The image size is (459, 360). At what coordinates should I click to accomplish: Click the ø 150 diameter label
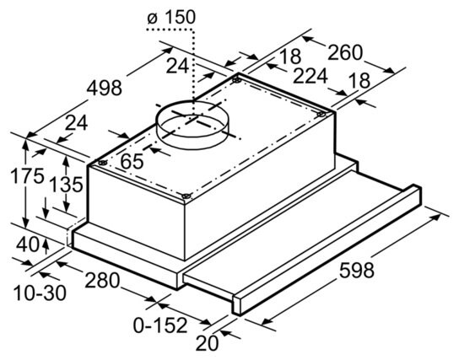coord(171,17)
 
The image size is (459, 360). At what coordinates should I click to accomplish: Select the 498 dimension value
coord(105,88)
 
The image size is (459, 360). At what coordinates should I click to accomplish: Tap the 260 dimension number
coord(345,52)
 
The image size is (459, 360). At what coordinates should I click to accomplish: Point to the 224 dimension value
coord(310,76)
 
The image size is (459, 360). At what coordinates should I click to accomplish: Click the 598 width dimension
coord(357,271)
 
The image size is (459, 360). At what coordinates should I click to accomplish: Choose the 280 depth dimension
coord(102,280)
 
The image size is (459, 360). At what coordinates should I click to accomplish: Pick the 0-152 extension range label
coord(160,325)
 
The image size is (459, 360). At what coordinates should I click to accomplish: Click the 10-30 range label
coord(40,293)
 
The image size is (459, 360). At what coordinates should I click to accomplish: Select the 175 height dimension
coord(27,176)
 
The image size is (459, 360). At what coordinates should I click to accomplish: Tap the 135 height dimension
coord(66,185)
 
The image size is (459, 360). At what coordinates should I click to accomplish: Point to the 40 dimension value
coord(28,244)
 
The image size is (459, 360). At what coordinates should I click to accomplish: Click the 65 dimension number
coord(132,161)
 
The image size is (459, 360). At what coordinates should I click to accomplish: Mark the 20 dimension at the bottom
coord(207,343)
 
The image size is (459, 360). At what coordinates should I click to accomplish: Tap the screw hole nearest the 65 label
coord(102,163)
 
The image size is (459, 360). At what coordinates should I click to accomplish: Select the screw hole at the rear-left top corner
coord(236,80)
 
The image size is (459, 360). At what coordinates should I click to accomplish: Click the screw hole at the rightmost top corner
coord(321,115)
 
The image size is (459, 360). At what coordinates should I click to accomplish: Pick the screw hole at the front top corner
coord(186,196)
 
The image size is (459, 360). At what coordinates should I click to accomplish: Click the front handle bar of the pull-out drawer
coord(327,250)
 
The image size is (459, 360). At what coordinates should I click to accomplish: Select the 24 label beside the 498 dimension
coord(76,123)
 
